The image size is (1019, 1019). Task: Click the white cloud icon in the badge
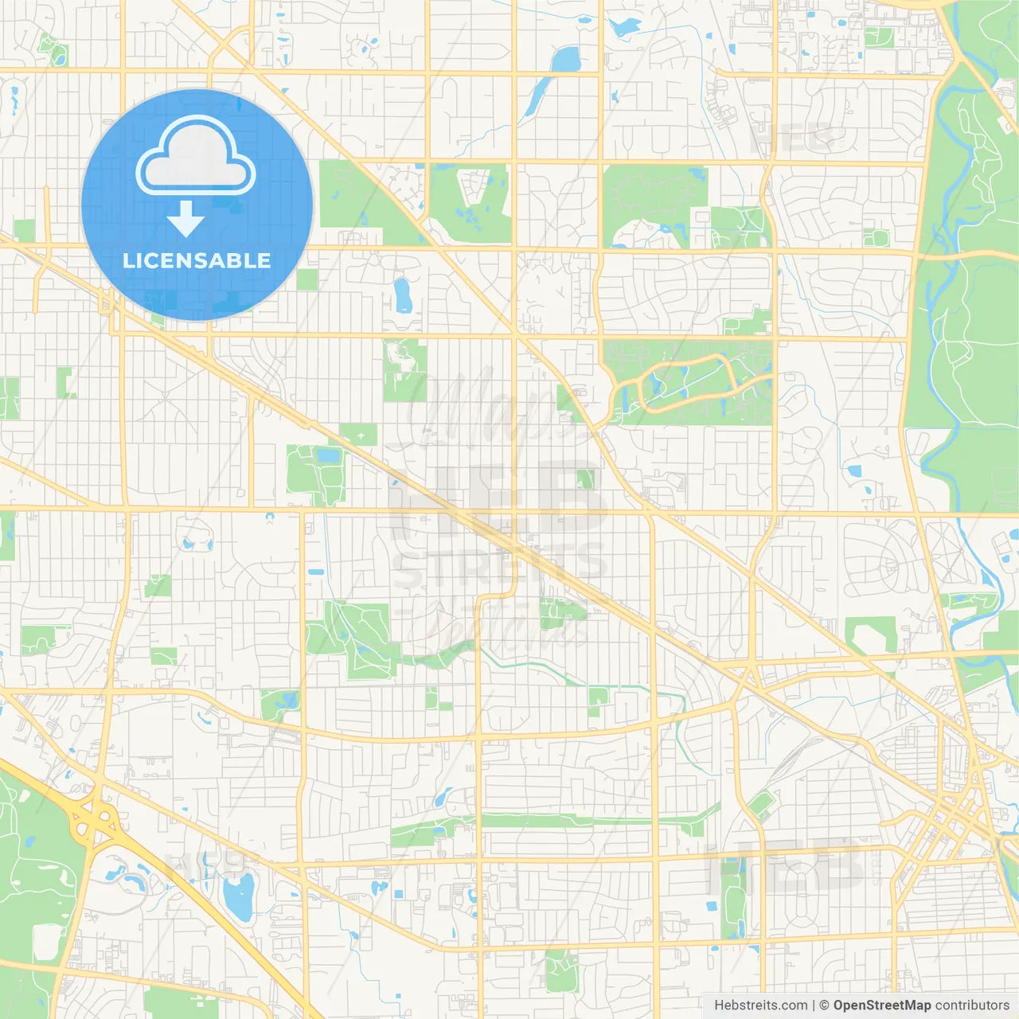[196, 156]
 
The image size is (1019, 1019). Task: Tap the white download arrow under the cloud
[185, 219]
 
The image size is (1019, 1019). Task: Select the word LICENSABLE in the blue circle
[197, 260]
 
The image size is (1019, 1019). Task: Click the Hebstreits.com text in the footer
[760, 1005]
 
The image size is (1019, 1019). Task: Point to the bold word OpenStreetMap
[882, 1005]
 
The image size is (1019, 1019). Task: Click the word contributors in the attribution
[972, 1005]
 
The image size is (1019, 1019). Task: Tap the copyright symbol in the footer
[825, 1005]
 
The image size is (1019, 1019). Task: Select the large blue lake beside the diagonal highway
[238, 896]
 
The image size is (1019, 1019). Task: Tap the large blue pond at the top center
[566, 59]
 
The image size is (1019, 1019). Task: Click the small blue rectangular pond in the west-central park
[328, 456]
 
